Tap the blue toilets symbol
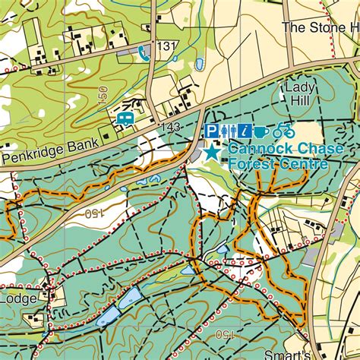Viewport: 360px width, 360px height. pyautogui.click(x=228, y=131)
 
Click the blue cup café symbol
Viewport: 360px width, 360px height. pyautogui.click(x=261, y=131)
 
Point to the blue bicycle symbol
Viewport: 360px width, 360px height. pyautogui.click(x=284, y=131)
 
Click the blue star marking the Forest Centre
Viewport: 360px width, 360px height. pyautogui.click(x=211, y=151)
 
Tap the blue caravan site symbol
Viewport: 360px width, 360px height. pyautogui.click(x=124, y=118)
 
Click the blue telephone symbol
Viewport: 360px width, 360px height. pyautogui.click(x=144, y=51)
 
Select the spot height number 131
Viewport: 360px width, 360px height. pyautogui.click(x=166, y=47)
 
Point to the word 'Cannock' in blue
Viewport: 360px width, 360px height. pyautogui.click(x=255, y=150)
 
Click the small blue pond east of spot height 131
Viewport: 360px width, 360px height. pyautogui.click(x=199, y=64)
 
